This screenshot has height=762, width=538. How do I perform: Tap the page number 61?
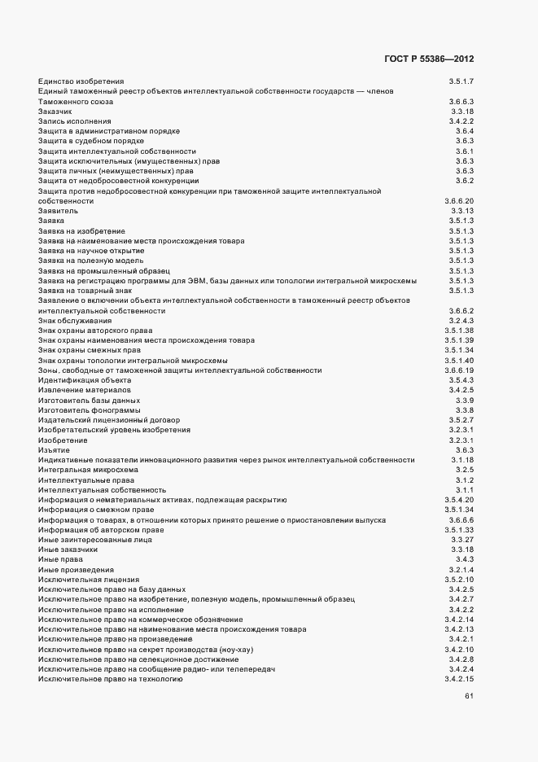point(469,696)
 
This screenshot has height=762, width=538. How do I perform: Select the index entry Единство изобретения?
point(81,81)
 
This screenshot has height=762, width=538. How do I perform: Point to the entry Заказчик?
point(55,112)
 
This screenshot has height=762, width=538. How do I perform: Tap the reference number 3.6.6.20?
point(459,200)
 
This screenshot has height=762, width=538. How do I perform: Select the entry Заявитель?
point(59,211)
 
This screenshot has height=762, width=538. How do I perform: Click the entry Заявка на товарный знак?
point(85,290)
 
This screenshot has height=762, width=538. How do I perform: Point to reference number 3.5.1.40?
point(459,360)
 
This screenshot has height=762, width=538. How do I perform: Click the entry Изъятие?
point(54,449)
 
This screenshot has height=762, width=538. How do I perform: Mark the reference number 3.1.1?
point(465,489)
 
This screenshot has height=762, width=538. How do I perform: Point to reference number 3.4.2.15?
point(459,678)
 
